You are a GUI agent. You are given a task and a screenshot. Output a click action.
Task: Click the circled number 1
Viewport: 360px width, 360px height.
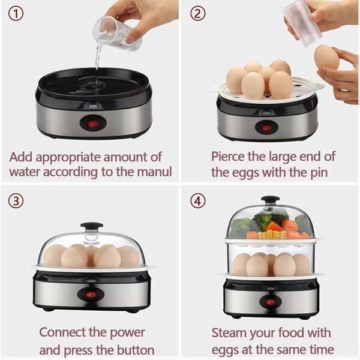(16, 14)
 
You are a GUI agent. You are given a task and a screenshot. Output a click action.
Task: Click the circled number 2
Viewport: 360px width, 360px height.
(197, 14)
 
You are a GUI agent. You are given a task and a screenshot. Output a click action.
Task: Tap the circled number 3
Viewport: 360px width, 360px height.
(16, 200)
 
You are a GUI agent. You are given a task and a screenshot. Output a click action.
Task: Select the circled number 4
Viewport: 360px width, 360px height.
(197, 200)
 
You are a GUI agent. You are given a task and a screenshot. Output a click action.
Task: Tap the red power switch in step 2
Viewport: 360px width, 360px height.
(266, 128)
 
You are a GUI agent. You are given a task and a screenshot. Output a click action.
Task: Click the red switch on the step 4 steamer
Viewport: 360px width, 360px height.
(271, 302)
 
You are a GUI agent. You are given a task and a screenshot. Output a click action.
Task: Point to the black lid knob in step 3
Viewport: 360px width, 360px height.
(92, 226)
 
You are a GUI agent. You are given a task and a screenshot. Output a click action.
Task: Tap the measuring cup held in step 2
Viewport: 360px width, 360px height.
(302, 24)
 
